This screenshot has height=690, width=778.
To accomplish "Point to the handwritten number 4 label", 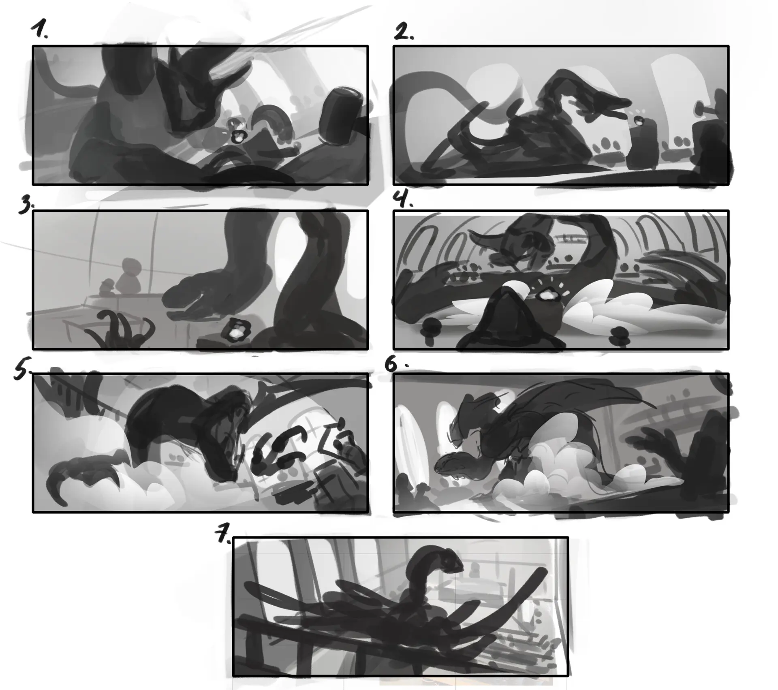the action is (x=402, y=199).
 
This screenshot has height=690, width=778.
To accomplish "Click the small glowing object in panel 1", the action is (x=236, y=135).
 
